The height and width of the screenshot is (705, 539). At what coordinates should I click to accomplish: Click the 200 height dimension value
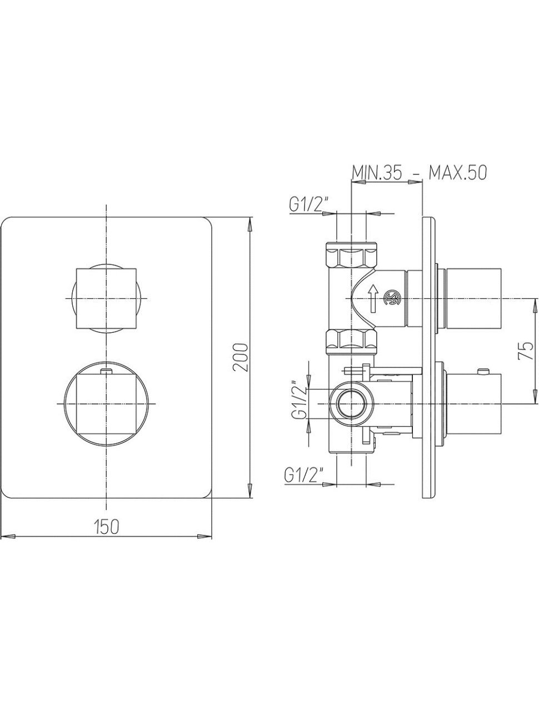[x=241, y=357]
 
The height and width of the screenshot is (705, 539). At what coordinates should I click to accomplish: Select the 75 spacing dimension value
[x=525, y=351]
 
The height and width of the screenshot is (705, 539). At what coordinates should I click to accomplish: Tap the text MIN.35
[x=377, y=173]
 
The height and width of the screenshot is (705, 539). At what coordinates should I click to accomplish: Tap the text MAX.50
[x=458, y=173]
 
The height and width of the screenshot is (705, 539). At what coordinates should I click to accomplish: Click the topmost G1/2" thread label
[x=309, y=204]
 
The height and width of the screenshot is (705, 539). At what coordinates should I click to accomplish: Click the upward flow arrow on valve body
[x=373, y=299]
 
